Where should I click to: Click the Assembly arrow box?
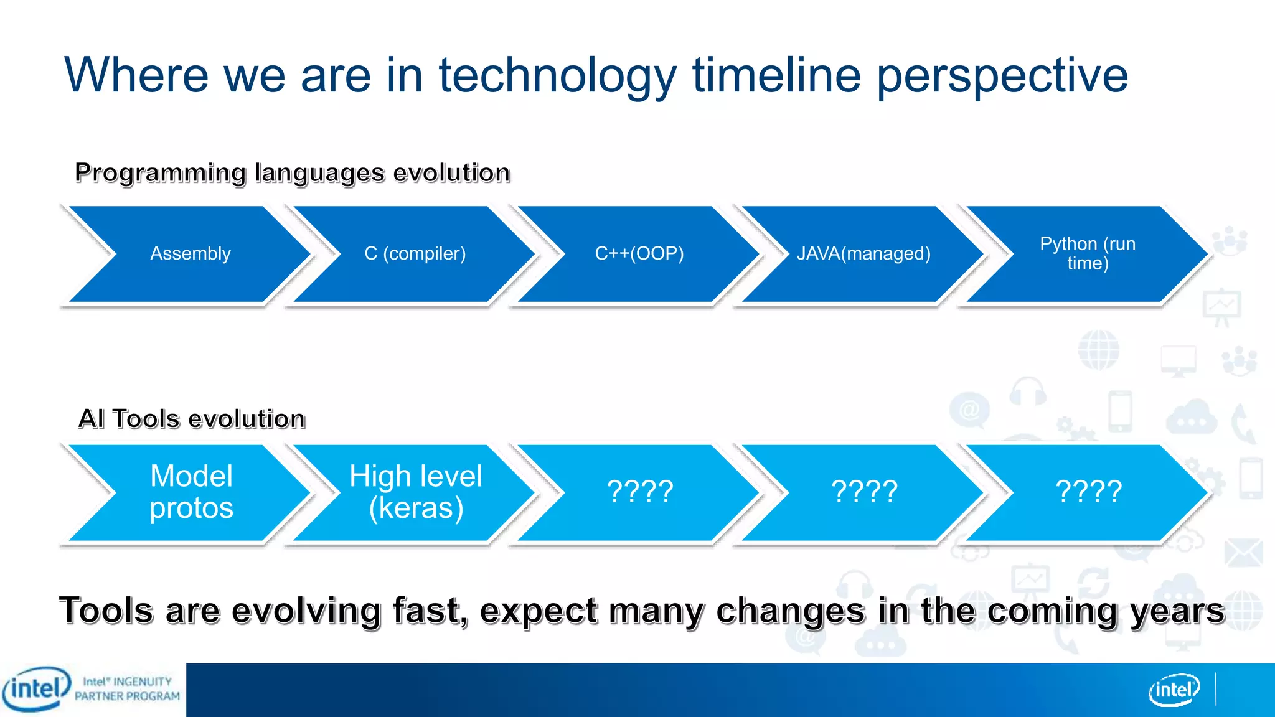(x=190, y=254)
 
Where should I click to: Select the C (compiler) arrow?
(x=415, y=254)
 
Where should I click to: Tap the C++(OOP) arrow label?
(x=639, y=254)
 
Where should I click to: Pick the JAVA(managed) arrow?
(x=863, y=254)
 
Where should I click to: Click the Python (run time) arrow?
(x=1088, y=254)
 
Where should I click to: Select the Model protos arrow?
(x=191, y=492)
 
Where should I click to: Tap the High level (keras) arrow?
(x=415, y=492)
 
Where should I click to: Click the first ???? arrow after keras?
(x=640, y=492)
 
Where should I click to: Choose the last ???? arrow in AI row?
(x=1089, y=492)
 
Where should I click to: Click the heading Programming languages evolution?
(x=292, y=173)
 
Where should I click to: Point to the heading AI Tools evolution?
(x=192, y=419)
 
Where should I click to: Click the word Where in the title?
(x=136, y=75)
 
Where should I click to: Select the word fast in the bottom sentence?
(x=429, y=611)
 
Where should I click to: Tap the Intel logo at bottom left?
(x=36, y=689)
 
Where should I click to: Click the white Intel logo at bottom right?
(x=1174, y=690)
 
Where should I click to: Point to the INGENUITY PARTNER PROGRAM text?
(x=128, y=689)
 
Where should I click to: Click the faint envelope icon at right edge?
(x=1243, y=553)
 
